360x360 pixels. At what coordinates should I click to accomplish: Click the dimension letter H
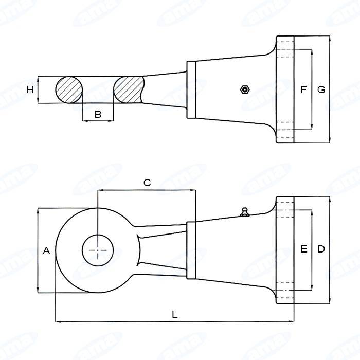pyautogui.click(x=30, y=89)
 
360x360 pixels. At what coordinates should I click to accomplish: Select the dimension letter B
pyautogui.click(x=98, y=114)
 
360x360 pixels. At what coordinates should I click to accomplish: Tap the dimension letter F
pyautogui.click(x=303, y=89)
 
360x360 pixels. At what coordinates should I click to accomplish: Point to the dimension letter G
pyautogui.click(x=321, y=89)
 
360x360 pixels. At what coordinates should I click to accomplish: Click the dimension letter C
pyautogui.click(x=147, y=183)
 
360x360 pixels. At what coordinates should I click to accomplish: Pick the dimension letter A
pyautogui.click(x=46, y=250)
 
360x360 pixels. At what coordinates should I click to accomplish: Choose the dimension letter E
pyautogui.click(x=304, y=249)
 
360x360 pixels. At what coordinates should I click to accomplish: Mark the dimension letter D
pyautogui.click(x=321, y=249)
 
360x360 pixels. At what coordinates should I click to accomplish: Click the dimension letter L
pyautogui.click(x=175, y=314)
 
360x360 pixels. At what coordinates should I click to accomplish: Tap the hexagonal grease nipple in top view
pyautogui.click(x=245, y=89)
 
